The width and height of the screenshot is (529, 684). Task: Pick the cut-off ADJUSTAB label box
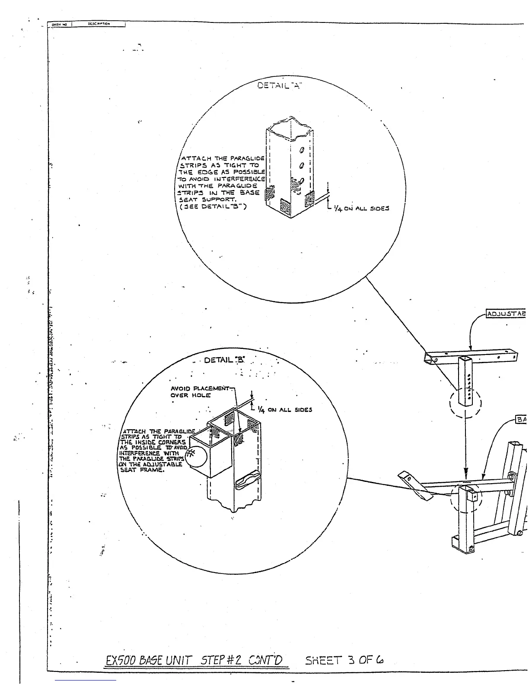click(x=506, y=313)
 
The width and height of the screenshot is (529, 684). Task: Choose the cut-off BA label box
click(x=522, y=419)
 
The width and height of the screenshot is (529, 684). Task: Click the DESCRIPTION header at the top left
click(x=99, y=24)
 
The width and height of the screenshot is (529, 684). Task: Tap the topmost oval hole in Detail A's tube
click(x=303, y=150)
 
